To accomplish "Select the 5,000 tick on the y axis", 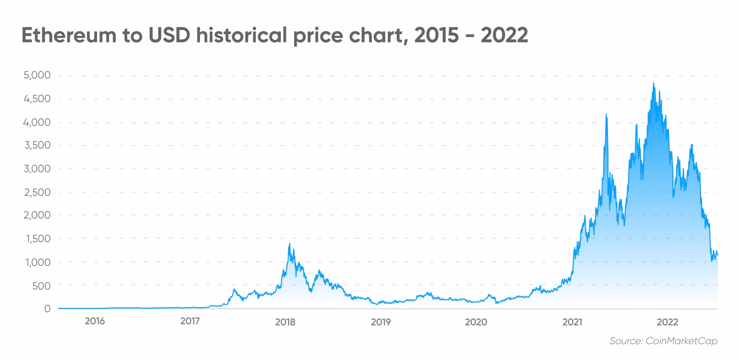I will point(37,76).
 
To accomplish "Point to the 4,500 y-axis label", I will point(37,99).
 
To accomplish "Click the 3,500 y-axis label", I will point(37,145).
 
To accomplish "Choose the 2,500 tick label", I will point(37,192).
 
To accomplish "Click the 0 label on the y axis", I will point(47,309).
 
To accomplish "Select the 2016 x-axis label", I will point(95,322).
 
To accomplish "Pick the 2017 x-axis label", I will point(190,322).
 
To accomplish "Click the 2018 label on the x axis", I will point(285,322).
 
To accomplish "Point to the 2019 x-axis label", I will point(380,322).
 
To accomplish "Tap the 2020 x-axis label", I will point(476,322).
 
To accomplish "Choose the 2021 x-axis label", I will point(571,322).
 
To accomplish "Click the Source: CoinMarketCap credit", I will point(663,341).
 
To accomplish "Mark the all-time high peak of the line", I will point(654,83).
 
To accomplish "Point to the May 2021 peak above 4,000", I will point(606,114).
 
